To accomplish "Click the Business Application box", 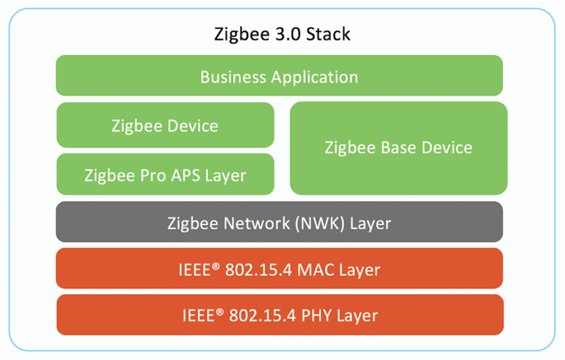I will click(279, 75).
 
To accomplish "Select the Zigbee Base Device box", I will click(398, 148).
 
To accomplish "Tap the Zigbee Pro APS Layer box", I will click(165, 175).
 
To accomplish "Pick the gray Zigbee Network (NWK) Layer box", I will click(279, 222).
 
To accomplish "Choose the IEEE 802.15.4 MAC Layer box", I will click(279, 269).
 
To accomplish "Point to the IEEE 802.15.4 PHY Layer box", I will click(279, 315).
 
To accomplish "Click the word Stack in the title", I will click(327, 34).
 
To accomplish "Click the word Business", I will click(230, 76).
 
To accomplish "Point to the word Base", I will click(398, 148).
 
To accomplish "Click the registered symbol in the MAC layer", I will click(216, 265).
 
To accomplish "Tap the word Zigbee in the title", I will click(239, 34).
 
